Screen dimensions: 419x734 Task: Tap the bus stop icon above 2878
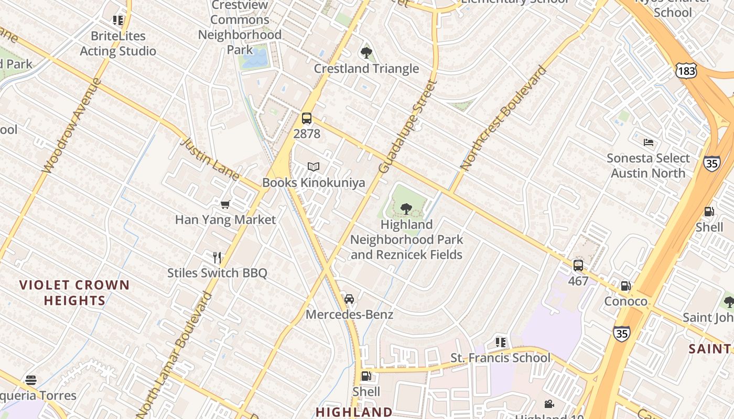307,118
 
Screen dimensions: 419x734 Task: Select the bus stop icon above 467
578,266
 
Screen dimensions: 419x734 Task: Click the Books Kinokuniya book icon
314,167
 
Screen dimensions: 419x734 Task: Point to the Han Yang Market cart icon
225,204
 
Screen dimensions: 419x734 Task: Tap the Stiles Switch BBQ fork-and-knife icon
217,257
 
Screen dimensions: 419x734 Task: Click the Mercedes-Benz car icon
349,299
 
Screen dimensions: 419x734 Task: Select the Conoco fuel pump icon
625,286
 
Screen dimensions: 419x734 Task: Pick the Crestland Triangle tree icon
366,53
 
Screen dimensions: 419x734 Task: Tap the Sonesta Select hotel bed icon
649,142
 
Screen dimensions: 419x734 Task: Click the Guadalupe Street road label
408,126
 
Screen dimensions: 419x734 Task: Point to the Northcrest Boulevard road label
503,117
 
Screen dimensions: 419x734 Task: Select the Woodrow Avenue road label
71,126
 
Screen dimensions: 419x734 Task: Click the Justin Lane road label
210,159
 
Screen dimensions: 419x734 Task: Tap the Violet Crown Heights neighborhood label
74,293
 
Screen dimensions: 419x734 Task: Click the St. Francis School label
501,358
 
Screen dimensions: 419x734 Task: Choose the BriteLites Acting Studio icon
118,20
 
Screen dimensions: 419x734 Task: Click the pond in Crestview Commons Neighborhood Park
255,58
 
